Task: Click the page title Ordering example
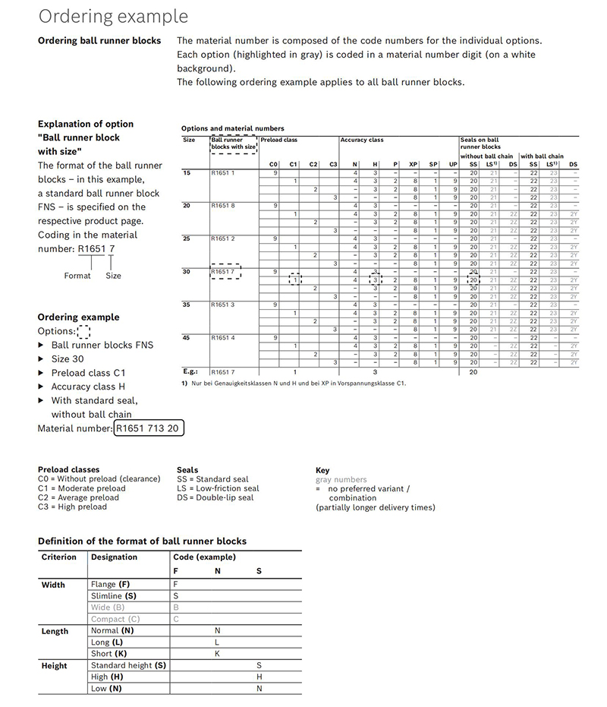pyautogui.click(x=113, y=16)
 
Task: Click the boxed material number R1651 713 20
pyautogui.click(x=149, y=428)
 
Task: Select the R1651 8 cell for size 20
pyautogui.click(x=223, y=206)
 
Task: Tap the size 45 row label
pyautogui.click(x=187, y=337)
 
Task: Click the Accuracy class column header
pyautogui.click(x=362, y=140)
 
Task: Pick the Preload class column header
pyautogui.click(x=278, y=140)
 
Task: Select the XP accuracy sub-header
pyautogui.click(x=414, y=164)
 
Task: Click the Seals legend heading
pyautogui.click(x=187, y=470)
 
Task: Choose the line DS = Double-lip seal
pyautogui.click(x=215, y=497)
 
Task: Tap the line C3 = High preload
pyautogui.click(x=72, y=507)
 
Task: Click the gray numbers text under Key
pyautogui.click(x=341, y=480)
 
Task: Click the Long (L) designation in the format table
pyautogui.click(x=107, y=642)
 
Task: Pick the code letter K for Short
pyautogui.click(x=217, y=654)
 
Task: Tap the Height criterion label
pyautogui.click(x=54, y=666)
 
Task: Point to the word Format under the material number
pyautogui.click(x=77, y=276)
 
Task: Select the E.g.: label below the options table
pyautogui.click(x=190, y=372)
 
